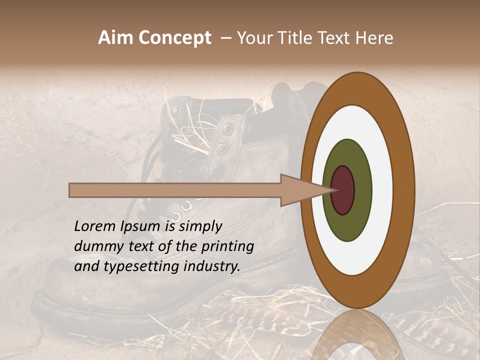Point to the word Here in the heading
pos(374,38)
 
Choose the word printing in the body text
pos(227,247)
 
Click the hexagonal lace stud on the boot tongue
pos(227,129)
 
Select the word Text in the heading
pos(341,38)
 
